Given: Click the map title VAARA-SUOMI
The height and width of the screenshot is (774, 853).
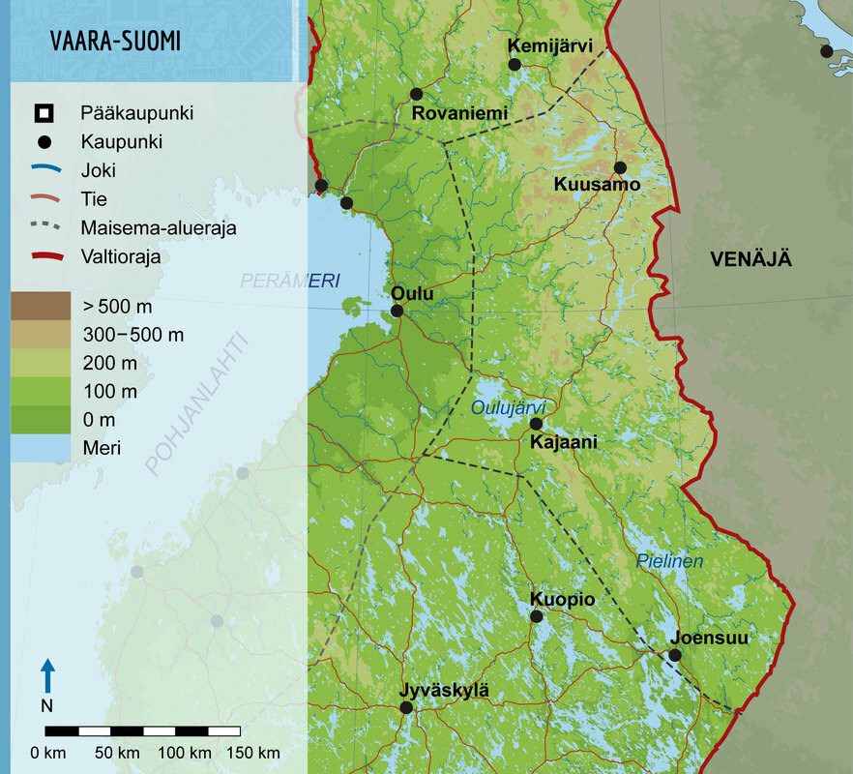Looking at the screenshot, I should tap(115, 42).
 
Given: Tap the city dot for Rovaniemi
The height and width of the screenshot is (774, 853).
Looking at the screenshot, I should tap(417, 94).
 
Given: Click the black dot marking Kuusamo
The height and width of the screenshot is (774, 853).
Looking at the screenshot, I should tap(620, 167).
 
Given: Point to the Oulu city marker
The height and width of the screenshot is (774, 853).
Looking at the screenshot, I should tap(397, 311).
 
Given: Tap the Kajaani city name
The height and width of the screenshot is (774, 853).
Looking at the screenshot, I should tap(565, 442).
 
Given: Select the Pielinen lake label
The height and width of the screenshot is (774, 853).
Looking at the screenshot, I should tap(669, 561).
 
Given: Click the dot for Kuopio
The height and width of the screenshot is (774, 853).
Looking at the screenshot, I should tap(536, 616).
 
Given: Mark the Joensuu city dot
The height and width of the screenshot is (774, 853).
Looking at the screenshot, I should tap(675, 655).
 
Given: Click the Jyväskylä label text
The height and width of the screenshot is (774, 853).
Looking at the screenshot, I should tap(444, 690).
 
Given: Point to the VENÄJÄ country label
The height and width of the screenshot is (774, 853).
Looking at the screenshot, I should tap(750, 259).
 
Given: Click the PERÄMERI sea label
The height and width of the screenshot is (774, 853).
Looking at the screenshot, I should tap(290, 281).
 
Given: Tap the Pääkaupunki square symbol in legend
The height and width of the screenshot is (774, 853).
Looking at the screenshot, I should tap(43, 113).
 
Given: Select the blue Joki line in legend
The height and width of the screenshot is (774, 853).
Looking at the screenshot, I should tap(43, 170).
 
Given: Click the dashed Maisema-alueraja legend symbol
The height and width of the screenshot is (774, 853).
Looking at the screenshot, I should tap(43, 228).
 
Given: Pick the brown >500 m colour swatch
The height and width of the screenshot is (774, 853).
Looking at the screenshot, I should tap(41, 306).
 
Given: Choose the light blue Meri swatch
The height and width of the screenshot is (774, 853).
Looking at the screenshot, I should tap(41, 448).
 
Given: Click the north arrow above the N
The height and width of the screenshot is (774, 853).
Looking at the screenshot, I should tap(47, 675).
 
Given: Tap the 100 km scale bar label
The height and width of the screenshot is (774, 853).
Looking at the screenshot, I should tap(185, 753).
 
